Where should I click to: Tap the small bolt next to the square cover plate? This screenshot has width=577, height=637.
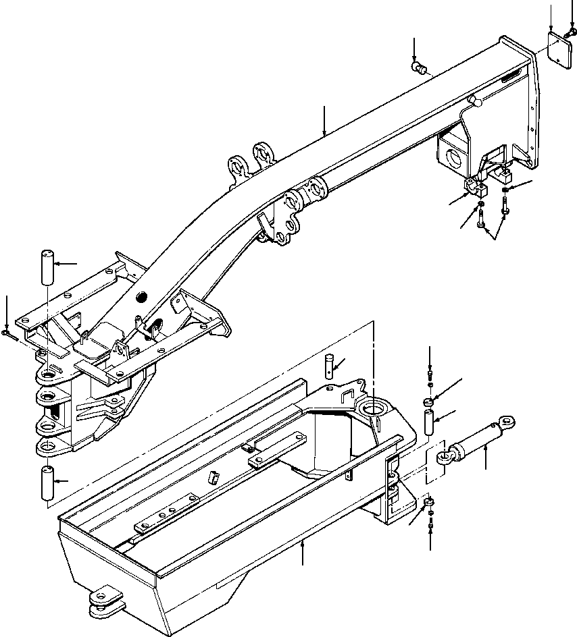tap(572, 31)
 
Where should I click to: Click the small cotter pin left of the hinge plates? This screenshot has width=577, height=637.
tap(7, 333)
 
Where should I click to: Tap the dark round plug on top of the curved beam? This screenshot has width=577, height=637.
tap(141, 298)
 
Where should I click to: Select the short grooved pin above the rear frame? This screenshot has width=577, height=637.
tap(329, 362)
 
